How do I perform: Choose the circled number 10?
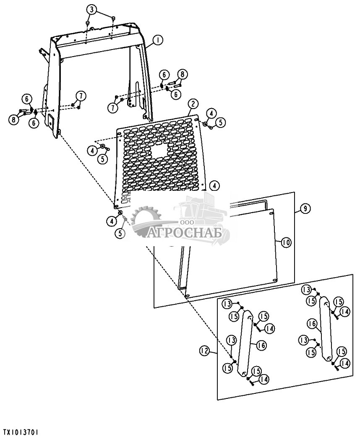(x=286, y=242)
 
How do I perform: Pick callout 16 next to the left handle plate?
(x=261, y=345)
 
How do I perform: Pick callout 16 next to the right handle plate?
(x=311, y=323)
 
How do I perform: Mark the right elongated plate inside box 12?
(x=326, y=330)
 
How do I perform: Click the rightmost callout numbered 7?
(x=112, y=108)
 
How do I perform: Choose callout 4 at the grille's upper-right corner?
(x=211, y=113)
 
